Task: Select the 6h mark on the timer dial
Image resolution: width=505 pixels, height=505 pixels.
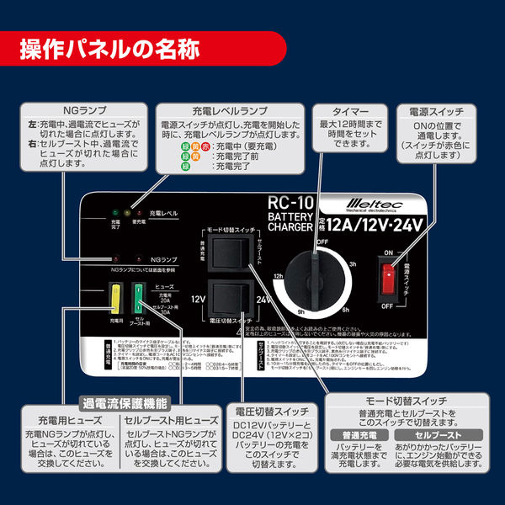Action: tap(346, 310)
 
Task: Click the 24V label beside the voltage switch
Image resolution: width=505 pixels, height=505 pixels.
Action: tap(264, 299)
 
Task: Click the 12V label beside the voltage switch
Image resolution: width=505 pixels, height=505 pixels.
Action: tap(199, 299)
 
